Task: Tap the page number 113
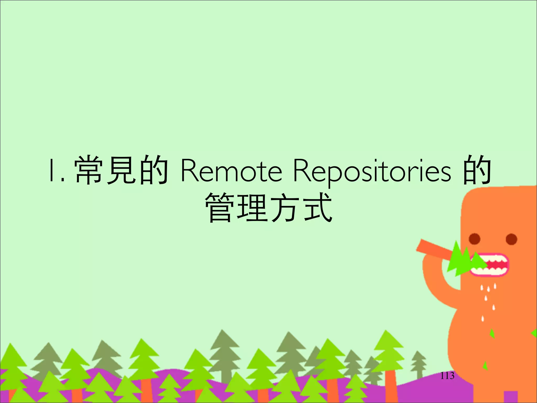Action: tap(447, 376)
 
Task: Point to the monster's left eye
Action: tap(475, 239)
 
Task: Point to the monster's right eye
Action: tap(511, 239)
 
